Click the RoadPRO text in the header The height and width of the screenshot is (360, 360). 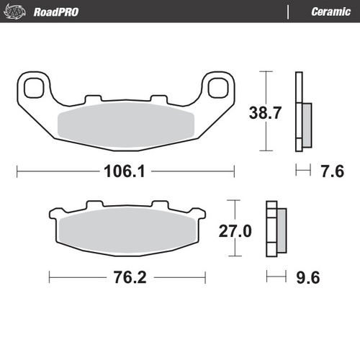point(55,12)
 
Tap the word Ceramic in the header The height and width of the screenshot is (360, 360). point(331,12)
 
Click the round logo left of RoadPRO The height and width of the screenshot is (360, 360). point(18,12)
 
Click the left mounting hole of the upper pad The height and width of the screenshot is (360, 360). point(32,88)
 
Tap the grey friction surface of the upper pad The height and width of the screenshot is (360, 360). point(126,127)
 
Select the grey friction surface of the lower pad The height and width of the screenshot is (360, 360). point(127,233)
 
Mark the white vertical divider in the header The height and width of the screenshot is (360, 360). point(289,12)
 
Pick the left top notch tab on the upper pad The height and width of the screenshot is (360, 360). point(91,99)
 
